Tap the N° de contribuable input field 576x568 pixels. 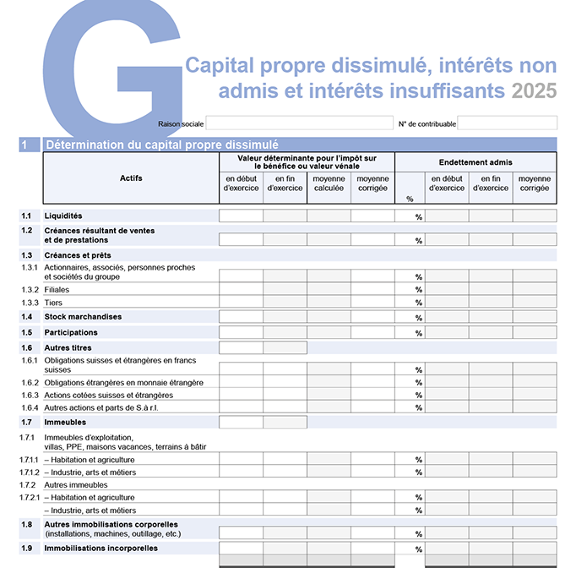(507, 123)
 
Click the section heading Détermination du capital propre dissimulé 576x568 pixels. (162, 145)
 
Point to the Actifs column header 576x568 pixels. (131, 178)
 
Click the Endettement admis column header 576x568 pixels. (475, 162)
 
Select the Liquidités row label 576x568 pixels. (63, 216)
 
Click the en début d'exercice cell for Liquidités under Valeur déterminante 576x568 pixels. (241, 216)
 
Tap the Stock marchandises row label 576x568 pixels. (83, 317)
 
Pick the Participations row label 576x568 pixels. (71, 332)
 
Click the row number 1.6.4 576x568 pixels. (30, 407)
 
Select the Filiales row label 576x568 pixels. (57, 290)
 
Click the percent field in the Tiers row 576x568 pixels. (409, 303)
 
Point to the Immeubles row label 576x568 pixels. (65, 422)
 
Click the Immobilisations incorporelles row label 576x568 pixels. (101, 549)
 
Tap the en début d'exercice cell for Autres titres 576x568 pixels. (241, 347)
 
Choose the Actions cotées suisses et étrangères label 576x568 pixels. (108, 395)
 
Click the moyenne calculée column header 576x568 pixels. (329, 183)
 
